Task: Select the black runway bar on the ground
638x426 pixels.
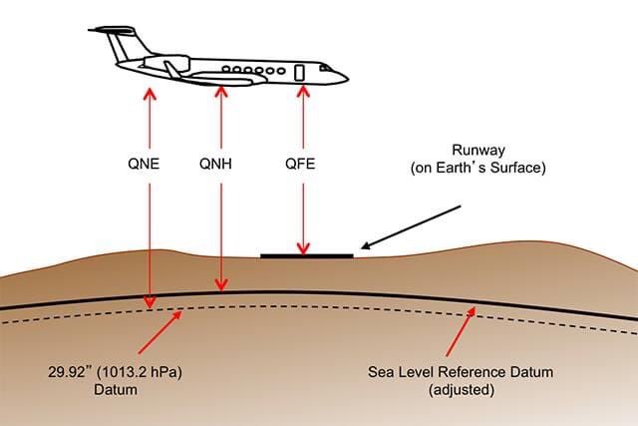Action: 306,256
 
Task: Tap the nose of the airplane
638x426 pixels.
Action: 341,76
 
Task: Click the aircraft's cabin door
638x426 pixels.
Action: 299,71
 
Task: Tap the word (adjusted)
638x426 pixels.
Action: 461,390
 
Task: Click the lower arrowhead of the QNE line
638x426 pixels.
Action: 151,302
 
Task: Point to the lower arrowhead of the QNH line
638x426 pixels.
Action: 220,288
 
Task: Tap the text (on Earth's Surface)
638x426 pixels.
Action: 478,169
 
